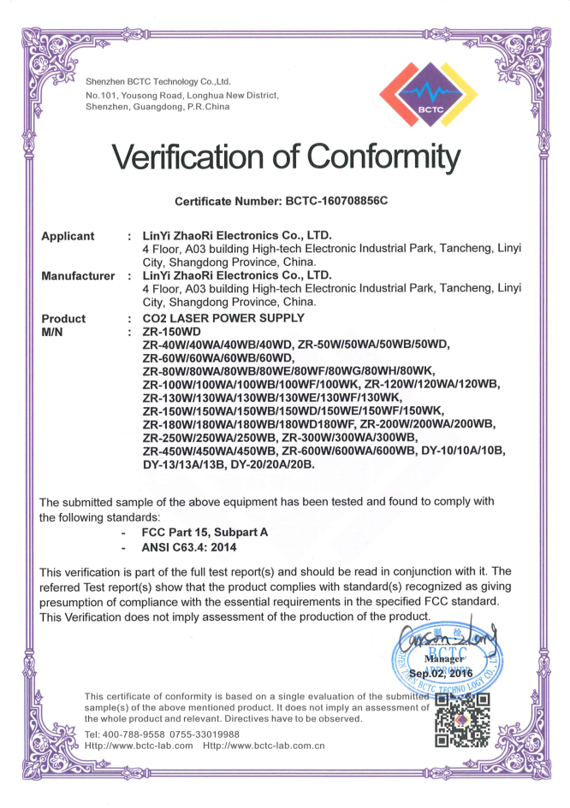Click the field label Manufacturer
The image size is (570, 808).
[78, 276]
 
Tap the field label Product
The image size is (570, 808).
[63, 318]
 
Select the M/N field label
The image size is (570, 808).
[53, 331]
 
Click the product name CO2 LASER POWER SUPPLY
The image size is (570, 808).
[223, 318]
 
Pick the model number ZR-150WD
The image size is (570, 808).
[172, 331]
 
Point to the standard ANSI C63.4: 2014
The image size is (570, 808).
[188, 547]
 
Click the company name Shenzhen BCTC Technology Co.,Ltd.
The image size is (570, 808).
[159, 81]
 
